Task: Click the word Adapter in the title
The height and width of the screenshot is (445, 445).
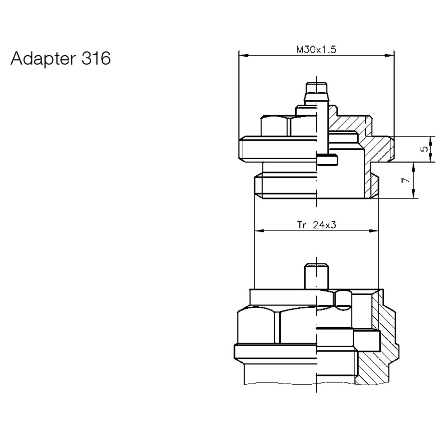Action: (42, 59)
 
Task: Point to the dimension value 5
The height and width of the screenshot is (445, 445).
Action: (425, 149)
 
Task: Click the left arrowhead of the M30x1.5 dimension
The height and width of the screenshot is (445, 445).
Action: (243, 56)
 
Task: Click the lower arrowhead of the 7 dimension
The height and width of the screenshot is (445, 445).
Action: (413, 194)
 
